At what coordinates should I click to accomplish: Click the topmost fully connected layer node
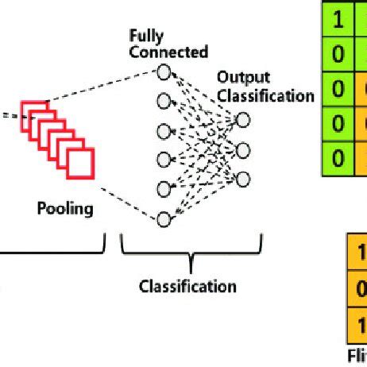tap(164, 72)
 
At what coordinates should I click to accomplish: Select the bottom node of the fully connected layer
tap(164, 218)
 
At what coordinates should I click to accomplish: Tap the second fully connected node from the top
tap(164, 102)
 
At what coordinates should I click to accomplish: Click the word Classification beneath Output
tap(267, 95)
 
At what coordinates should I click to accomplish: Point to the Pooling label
tap(65, 210)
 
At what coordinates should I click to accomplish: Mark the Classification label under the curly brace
tap(187, 285)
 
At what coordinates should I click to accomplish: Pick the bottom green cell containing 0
tap(338, 157)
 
